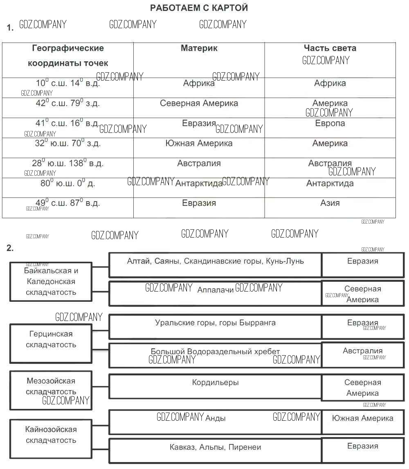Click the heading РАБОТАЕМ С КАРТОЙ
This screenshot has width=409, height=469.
(199, 8)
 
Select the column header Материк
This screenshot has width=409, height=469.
(199, 48)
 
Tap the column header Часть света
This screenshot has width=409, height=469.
(330, 48)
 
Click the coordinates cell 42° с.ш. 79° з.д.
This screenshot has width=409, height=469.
(67, 103)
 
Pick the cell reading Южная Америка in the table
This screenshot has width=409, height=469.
(199, 144)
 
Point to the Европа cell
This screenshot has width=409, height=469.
(330, 123)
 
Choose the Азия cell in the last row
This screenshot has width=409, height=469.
(330, 203)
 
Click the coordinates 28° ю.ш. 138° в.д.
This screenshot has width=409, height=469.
(67, 164)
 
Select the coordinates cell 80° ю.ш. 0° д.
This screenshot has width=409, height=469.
(67, 184)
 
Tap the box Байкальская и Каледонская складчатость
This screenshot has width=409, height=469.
(51, 282)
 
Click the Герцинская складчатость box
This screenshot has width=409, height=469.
(51, 339)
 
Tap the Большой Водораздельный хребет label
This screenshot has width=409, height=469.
(215, 352)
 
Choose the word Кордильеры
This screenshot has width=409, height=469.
(215, 383)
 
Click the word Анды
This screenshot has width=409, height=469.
(215, 418)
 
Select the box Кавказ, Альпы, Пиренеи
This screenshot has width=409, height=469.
(215, 447)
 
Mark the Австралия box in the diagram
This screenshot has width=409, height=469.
(362, 351)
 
